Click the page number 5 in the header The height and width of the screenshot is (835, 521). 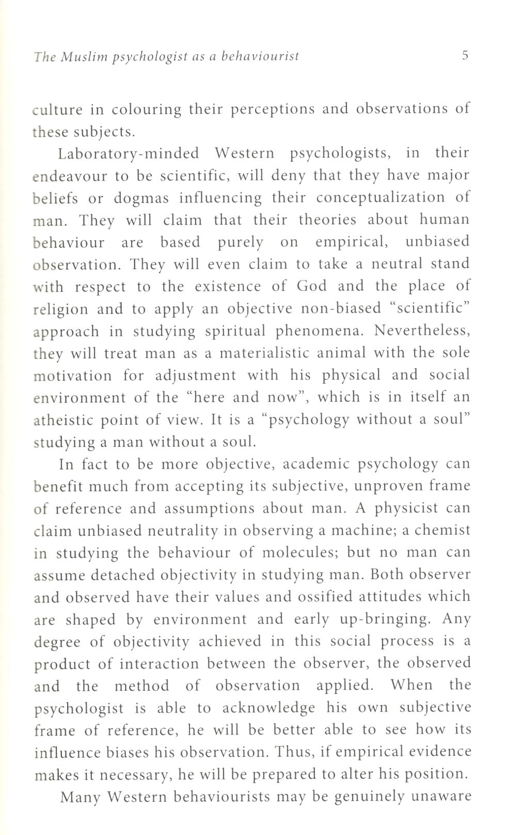tap(465, 55)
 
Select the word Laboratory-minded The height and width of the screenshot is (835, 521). tap(129, 153)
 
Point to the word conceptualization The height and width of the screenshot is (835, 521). tap(380, 198)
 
